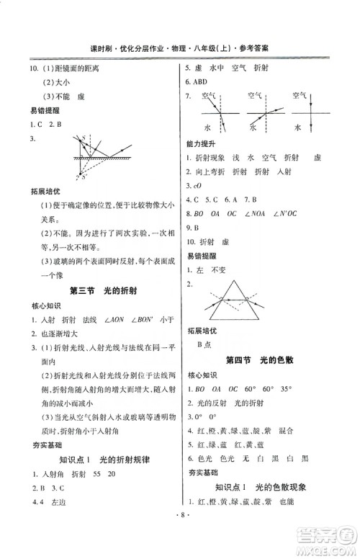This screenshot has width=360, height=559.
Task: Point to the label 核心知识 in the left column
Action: (44, 306)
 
